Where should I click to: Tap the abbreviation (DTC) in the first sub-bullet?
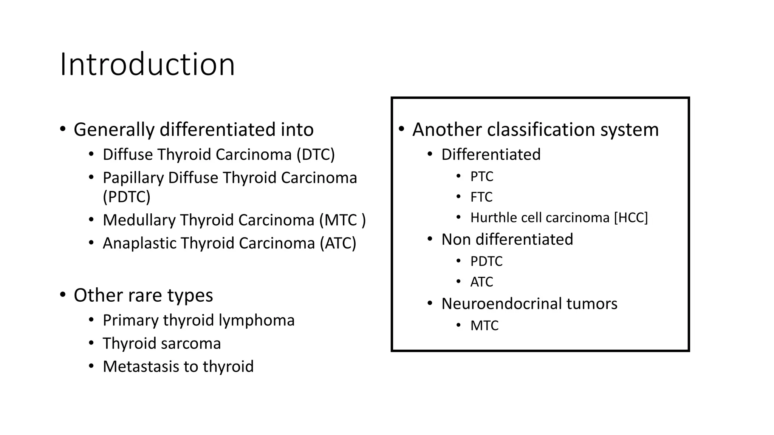[316, 154]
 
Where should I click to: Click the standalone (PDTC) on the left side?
[127, 197]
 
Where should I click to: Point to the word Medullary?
[139, 220]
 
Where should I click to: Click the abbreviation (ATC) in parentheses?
[338, 243]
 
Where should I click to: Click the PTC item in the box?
[481, 176]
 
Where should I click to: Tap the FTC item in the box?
[481, 197]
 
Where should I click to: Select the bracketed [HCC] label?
[631, 218]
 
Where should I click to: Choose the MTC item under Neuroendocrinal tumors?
[484, 325]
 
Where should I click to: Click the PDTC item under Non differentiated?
[486, 261]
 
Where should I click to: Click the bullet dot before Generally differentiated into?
[63, 129]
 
